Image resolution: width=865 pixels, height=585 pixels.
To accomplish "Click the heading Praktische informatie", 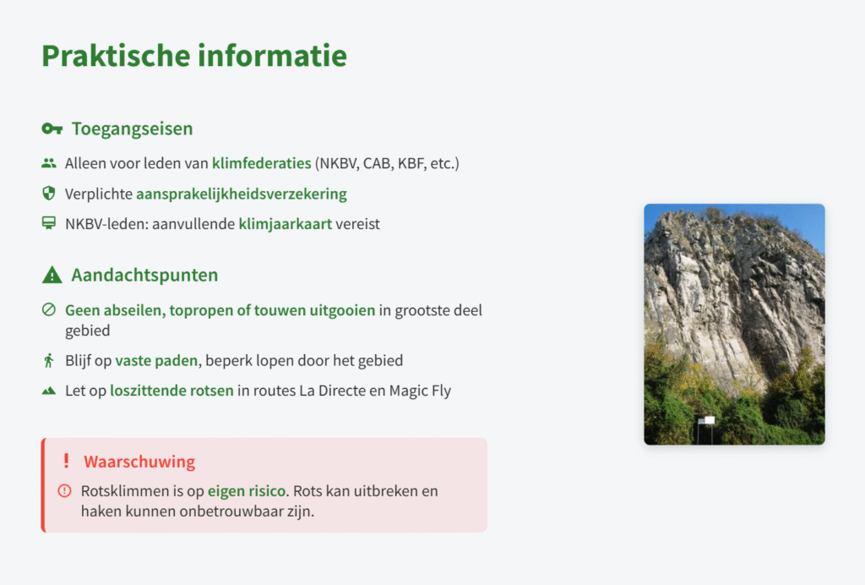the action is point(194,56).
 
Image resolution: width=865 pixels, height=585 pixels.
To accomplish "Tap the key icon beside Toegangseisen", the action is point(52,129).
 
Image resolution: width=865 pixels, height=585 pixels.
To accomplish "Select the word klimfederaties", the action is point(262,163).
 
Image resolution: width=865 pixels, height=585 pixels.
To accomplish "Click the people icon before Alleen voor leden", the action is point(49,163).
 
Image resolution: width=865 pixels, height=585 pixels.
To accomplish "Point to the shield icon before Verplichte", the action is point(49,193).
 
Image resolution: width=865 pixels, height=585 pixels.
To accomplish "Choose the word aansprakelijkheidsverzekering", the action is point(242,194).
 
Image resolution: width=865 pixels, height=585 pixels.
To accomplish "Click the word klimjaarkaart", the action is point(286,224).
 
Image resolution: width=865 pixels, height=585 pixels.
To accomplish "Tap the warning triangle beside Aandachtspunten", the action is point(52,275).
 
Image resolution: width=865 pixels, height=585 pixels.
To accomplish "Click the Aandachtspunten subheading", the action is point(144,275).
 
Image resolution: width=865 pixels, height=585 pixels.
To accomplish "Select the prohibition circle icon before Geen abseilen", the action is point(49,309).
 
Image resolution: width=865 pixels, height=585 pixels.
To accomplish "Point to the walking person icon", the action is point(49,360).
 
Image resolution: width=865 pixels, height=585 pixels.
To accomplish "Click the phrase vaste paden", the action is point(156,360).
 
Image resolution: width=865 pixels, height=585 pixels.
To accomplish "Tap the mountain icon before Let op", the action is point(49,391).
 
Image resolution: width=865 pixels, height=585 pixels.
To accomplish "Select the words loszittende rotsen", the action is point(172,391).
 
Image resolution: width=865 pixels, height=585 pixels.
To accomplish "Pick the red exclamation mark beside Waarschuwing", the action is point(66,461).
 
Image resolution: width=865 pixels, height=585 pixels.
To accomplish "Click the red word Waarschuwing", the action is point(139,462).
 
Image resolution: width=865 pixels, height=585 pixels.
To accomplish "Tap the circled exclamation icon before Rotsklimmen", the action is point(64,490).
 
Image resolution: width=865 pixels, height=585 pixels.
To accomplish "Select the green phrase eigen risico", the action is point(247,491).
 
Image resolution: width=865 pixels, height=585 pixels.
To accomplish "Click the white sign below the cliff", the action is point(707,420).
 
